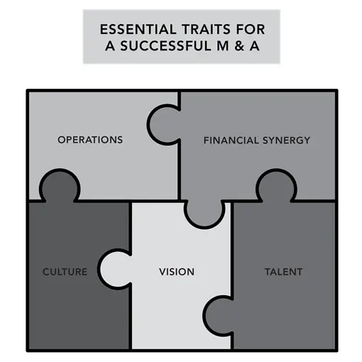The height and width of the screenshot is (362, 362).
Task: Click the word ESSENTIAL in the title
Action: [x=138, y=29]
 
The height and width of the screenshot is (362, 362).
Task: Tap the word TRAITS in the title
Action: [x=206, y=29]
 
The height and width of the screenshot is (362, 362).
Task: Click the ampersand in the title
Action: [x=239, y=46]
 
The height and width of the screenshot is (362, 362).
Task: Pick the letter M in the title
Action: [x=223, y=46]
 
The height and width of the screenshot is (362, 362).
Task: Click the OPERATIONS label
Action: [x=90, y=140]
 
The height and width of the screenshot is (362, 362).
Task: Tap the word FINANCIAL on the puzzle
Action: [x=231, y=141]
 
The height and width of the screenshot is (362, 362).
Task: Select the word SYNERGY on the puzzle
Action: [x=286, y=141]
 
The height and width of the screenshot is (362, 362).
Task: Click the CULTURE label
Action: [x=65, y=272]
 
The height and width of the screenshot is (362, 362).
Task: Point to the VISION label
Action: [x=177, y=272]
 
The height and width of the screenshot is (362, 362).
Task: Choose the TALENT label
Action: [x=283, y=272]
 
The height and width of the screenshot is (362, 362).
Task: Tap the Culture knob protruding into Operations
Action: [x=60, y=187]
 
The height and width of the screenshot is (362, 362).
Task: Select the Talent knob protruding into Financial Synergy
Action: [x=276, y=187]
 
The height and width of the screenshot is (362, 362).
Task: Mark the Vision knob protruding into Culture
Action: [x=116, y=269]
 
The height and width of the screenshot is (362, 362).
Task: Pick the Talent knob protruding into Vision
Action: [x=219, y=315]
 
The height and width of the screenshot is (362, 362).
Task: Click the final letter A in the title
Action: [x=255, y=46]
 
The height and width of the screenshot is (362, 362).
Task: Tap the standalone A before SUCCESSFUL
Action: [x=111, y=46]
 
